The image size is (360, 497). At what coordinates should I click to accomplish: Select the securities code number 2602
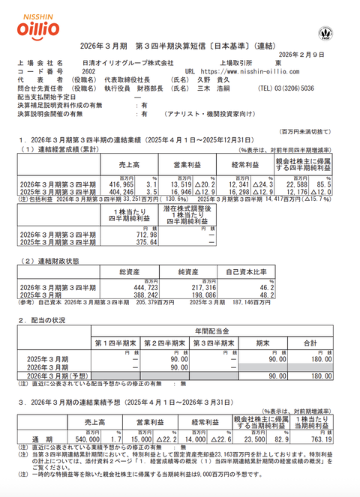click(89, 72)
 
